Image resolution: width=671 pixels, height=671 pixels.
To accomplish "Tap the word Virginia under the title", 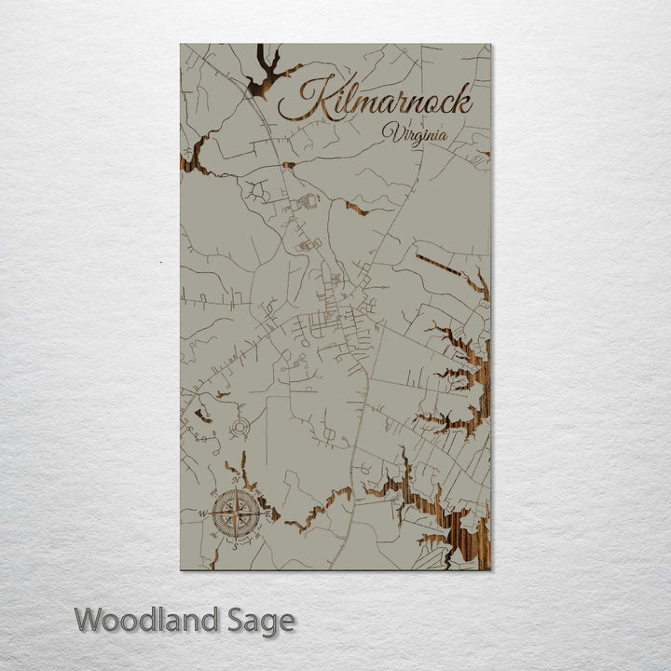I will coord(414,133).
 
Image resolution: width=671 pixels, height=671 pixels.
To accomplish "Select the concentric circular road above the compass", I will coord(240,428).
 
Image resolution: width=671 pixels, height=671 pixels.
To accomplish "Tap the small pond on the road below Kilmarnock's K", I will coord(289,165).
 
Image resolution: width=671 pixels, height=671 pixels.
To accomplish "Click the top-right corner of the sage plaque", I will coord(491,45).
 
